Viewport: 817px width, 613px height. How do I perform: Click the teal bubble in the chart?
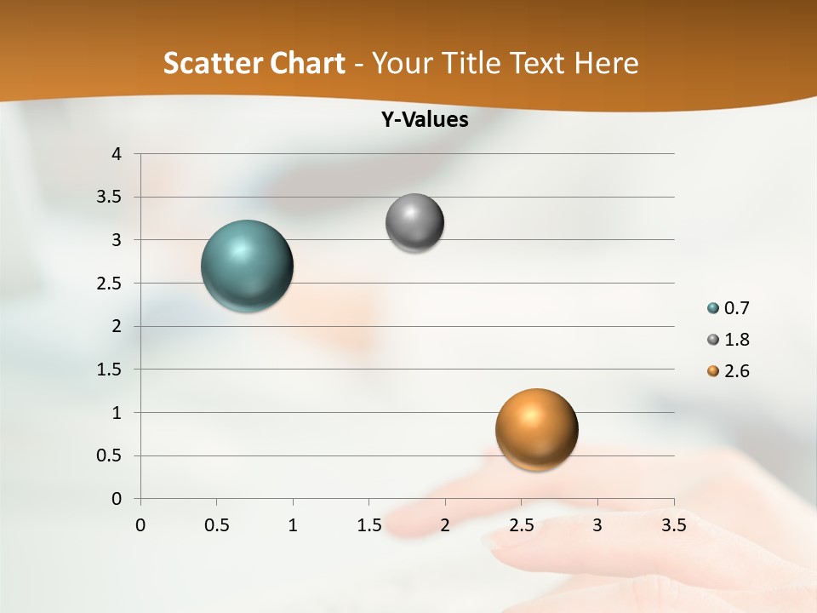247,266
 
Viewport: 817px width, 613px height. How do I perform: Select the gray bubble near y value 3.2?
414,223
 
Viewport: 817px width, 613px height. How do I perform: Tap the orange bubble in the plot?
536,429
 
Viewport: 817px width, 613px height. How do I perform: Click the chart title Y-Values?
425,120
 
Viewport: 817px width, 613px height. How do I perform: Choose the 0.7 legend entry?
736,308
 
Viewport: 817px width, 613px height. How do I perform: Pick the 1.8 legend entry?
736,340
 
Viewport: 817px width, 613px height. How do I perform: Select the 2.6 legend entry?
736,371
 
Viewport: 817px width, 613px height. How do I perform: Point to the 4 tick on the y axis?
117,154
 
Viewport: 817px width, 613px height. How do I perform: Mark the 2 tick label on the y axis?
117,326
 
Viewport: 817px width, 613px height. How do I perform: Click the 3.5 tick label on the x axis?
673,525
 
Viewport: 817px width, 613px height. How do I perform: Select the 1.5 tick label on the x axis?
369,525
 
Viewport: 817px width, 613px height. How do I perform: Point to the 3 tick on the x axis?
597,525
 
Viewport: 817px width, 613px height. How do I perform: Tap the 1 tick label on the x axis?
293,525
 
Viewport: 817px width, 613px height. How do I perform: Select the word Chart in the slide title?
306,63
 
